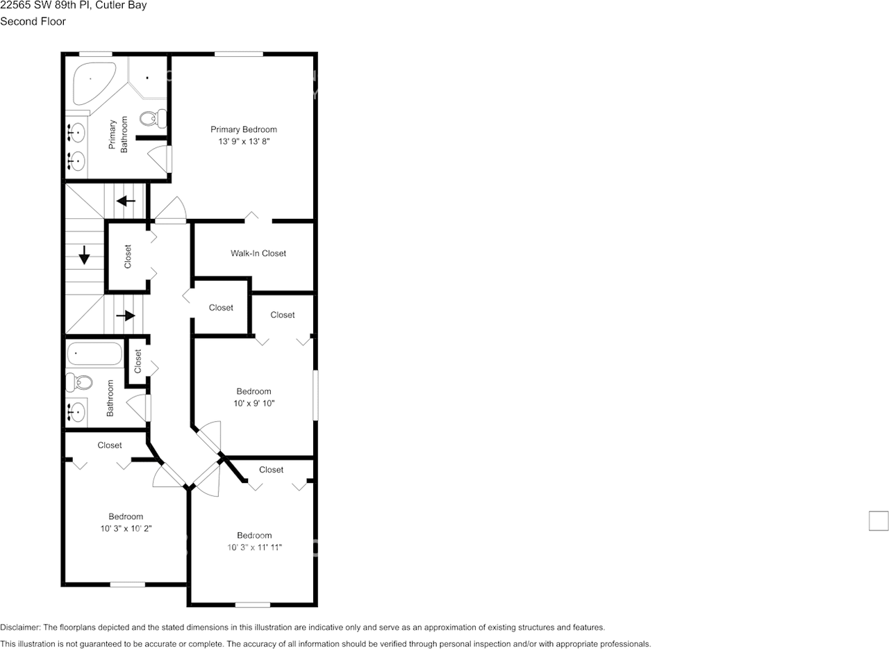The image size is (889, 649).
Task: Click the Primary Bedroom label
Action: click(244, 129)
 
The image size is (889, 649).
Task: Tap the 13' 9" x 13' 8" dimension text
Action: click(244, 141)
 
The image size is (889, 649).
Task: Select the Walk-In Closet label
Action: click(258, 254)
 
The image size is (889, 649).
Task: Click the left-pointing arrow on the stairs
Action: click(126, 202)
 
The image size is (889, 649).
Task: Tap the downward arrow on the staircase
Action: click(85, 255)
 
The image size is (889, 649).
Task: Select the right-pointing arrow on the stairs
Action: click(126, 315)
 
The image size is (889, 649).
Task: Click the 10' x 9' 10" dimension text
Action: click(254, 403)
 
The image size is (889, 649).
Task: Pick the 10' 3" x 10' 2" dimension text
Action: click(126, 528)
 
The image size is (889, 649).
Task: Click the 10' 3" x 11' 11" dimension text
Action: click(254, 547)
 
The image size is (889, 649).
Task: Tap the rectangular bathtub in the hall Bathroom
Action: click(94, 354)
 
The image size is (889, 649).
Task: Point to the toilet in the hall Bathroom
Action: click(79, 381)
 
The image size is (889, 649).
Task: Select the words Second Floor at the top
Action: click(33, 22)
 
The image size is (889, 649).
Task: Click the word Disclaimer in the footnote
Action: click(20, 627)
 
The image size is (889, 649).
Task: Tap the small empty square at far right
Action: click(879, 520)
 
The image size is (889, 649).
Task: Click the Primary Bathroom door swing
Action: click(160, 158)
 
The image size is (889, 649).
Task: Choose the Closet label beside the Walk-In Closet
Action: click(221, 308)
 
